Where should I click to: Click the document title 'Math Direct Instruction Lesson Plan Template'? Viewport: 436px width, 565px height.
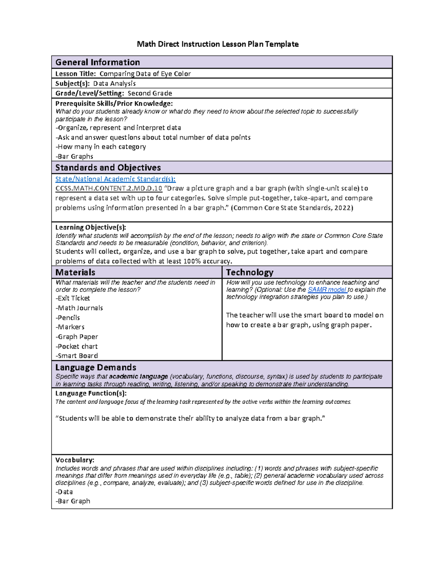[218, 44]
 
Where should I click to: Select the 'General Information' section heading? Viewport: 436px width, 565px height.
[97, 62]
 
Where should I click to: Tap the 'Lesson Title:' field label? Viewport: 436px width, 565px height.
[75, 74]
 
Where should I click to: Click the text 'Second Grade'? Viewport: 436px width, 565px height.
[150, 93]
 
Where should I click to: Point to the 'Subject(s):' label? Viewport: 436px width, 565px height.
[72, 84]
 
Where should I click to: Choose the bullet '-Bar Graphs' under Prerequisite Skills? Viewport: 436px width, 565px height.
[74, 156]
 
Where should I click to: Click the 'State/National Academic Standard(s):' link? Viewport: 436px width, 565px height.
[115, 179]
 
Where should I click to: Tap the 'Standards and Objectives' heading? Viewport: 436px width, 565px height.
[108, 168]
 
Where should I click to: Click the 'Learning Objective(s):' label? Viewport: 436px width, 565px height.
[90, 227]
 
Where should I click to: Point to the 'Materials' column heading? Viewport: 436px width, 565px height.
[75, 272]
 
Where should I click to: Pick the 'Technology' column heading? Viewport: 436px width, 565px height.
[250, 272]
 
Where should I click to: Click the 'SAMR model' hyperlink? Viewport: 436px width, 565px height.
[327, 290]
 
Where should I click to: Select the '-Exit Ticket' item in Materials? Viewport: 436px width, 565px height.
[73, 298]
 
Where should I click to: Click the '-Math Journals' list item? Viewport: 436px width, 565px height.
[79, 308]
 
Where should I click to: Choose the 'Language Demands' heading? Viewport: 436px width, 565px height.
[96, 367]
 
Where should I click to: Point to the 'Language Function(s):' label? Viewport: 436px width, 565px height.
[91, 393]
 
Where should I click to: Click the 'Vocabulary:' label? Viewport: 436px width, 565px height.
[74, 460]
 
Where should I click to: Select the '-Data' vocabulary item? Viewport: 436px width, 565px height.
[64, 492]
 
